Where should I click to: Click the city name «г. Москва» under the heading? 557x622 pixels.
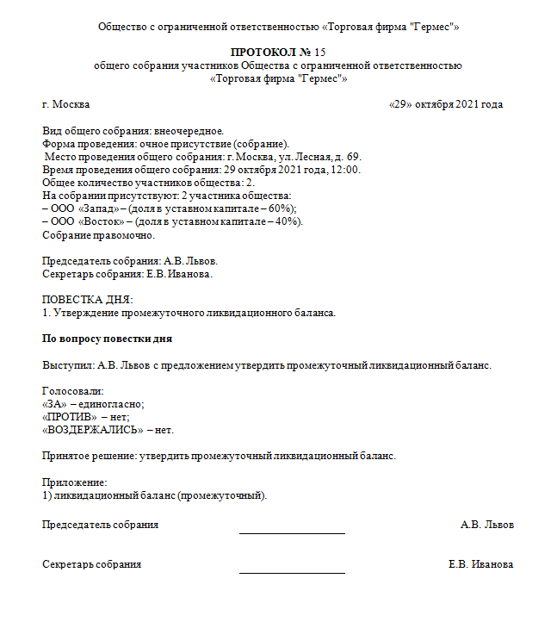click(65, 104)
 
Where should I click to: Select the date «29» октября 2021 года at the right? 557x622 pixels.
click(446, 104)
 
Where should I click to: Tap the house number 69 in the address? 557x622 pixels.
click(354, 157)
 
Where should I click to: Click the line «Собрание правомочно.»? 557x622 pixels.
click(99, 234)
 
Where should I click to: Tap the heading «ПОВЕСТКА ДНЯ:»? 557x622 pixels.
click(88, 299)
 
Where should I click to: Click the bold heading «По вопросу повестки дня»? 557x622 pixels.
click(108, 339)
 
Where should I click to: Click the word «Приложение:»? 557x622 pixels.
click(75, 482)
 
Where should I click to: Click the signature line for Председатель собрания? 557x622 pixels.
click(292, 532)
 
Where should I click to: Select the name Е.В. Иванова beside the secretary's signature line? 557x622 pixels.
click(480, 564)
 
